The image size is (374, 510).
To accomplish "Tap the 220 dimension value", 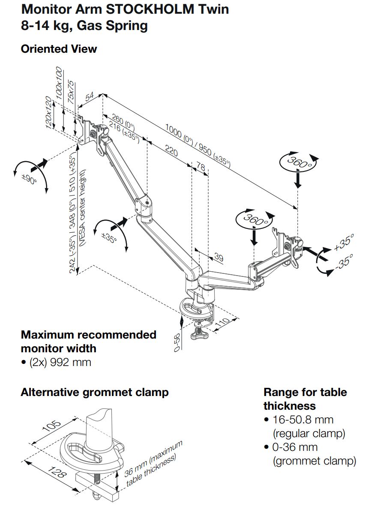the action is click(x=171, y=150).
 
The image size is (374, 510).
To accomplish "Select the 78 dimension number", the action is click(x=201, y=167).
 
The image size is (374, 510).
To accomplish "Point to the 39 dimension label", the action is click(x=219, y=257).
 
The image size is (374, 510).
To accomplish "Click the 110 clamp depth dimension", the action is click(x=222, y=323).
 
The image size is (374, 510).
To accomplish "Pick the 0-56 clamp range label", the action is click(x=177, y=342).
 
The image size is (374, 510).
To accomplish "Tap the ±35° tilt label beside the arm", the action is click(x=109, y=237).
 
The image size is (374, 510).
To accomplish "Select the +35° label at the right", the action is click(x=344, y=242).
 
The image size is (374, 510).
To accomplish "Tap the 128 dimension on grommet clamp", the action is click(x=57, y=471).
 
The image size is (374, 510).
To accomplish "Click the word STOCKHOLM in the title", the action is click(x=150, y=9).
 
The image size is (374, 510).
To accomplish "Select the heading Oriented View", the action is click(x=59, y=49).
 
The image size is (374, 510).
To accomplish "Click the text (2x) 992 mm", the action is click(x=60, y=362).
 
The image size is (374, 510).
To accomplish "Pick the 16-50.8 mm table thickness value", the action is click(x=303, y=420).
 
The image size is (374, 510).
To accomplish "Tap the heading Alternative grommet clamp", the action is click(x=95, y=392).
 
